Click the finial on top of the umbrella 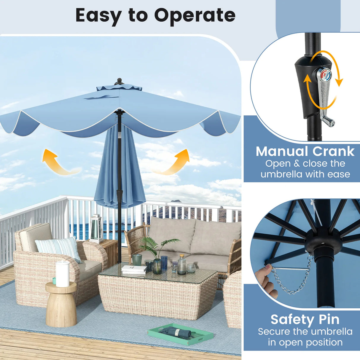(x=119, y=82)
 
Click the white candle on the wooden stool (x=63, y=274)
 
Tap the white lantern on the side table (x=96, y=228)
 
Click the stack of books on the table (x=134, y=270)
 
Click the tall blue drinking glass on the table (x=164, y=263)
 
